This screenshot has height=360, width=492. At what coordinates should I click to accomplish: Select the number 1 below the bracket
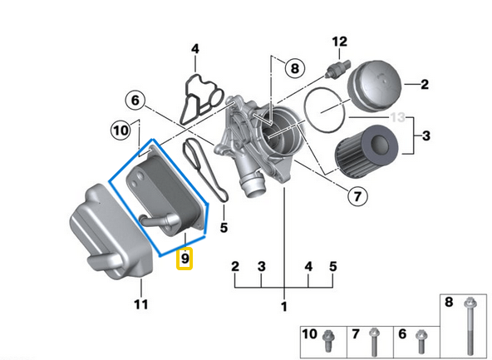tap(283, 307)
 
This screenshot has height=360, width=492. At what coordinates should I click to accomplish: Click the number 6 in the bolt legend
tap(402, 334)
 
